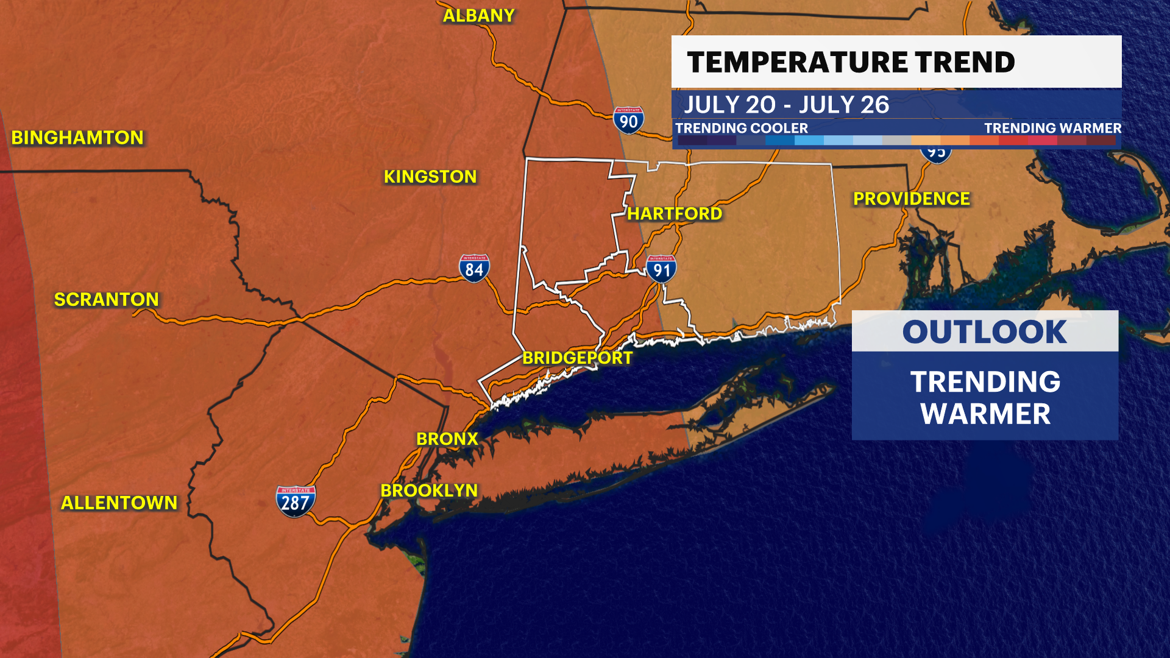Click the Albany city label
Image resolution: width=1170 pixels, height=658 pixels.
coord(478,16)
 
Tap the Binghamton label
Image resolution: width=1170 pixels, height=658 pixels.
coord(77,138)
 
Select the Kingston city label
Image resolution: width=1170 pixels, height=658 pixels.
coord(430,177)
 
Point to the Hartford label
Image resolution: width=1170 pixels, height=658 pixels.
coord(675,214)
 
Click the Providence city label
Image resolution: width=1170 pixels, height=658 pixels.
coord(911,199)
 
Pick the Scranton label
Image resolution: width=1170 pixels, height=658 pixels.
coord(107,300)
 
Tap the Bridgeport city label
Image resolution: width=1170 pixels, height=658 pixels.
coord(578,358)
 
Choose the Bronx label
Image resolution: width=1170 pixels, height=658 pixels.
coord(447,439)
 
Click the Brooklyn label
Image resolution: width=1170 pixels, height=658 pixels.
coord(429,490)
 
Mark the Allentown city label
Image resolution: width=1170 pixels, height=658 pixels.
coord(119,503)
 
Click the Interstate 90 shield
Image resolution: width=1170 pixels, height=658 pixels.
coord(628,121)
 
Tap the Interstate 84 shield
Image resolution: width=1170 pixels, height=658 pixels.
coord(474,268)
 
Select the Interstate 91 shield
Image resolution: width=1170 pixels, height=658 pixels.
coord(661,269)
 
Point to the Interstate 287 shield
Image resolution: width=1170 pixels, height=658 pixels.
coord(296,501)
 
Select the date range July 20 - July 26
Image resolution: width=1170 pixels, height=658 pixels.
coord(786,105)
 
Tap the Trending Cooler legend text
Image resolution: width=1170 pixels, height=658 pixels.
coord(741,128)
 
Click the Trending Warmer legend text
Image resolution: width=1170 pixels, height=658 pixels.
coord(1052,128)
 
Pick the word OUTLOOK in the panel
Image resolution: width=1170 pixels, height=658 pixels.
coord(984,332)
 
